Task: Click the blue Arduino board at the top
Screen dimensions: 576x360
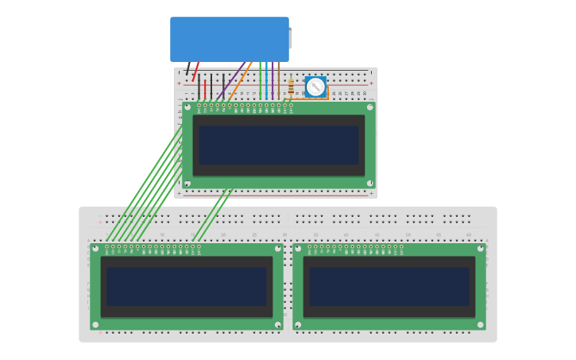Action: click(x=229, y=39)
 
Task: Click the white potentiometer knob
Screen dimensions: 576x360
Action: click(x=315, y=87)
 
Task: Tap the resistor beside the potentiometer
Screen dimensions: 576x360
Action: click(x=291, y=86)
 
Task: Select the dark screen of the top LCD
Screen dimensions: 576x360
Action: click(x=279, y=145)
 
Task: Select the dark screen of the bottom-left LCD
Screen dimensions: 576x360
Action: click(x=187, y=286)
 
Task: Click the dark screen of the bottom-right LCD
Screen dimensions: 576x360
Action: click(x=389, y=286)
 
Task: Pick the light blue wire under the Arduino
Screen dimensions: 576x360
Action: click(x=266, y=79)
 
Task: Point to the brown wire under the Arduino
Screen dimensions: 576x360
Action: click(x=278, y=79)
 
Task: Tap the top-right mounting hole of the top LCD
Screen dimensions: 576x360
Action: click(x=370, y=106)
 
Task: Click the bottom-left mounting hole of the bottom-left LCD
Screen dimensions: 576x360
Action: click(x=95, y=324)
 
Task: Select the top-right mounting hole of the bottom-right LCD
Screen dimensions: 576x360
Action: click(x=480, y=249)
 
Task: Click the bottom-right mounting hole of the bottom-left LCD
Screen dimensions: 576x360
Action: click(x=277, y=324)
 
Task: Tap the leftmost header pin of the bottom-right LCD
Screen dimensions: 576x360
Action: click(x=310, y=246)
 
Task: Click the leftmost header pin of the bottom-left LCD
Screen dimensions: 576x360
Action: click(x=107, y=246)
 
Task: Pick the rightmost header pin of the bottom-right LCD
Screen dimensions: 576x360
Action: click(x=401, y=246)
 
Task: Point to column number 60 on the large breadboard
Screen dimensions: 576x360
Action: click(x=468, y=235)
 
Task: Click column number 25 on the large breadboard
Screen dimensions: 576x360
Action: click(x=254, y=235)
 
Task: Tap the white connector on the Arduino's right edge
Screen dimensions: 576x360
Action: click(x=290, y=39)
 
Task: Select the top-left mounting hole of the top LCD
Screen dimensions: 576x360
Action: click(x=187, y=106)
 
